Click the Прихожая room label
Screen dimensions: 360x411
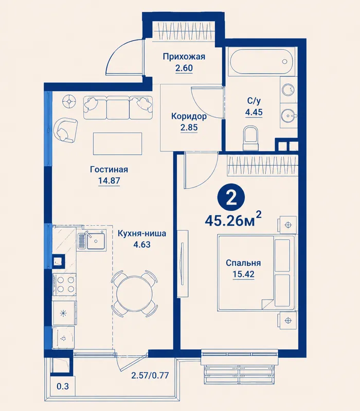(x=184, y=57)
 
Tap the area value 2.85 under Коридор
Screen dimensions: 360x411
(x=189, y=127)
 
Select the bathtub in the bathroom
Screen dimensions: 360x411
(x=261, y=61)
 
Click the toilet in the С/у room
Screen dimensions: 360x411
(x=251, y=138)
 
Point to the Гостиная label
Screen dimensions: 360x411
(x=109, y=170)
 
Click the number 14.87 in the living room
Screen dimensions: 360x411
(x=109, y=181)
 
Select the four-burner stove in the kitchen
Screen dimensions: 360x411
(x=65, y=285)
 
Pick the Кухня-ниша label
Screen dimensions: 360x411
(x=142, y=233)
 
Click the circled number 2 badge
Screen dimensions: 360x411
(x=231, y=199)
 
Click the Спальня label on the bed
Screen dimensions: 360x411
(x=243, y=263)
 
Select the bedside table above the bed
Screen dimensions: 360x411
(x=288, y=225)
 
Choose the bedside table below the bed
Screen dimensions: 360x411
(x=288, y=320)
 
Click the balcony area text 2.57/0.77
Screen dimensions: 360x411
(x=150, y=376)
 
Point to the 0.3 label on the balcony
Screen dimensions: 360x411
(x=63, y=386)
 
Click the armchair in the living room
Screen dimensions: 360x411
(x=65, y=130)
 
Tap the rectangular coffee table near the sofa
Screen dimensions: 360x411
(x=118, y=144)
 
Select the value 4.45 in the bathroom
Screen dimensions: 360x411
(x=254, y=112)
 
